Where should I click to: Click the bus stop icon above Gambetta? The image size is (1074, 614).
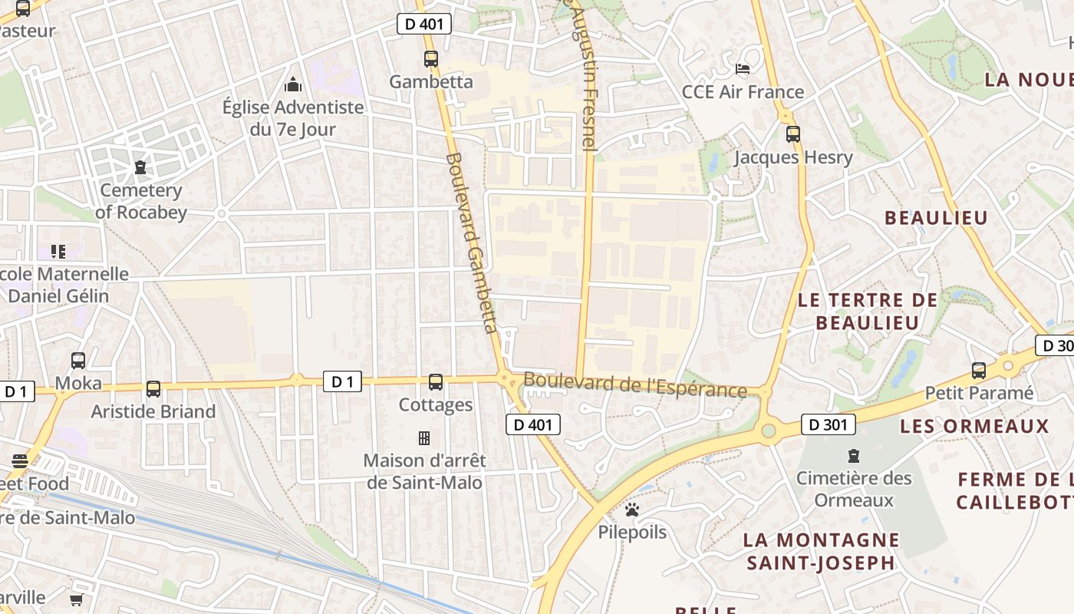point(431,58)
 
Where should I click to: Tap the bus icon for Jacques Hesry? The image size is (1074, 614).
point(793,134)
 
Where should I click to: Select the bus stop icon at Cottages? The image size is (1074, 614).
point(436,381)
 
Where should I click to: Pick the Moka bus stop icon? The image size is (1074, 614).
point(78,360)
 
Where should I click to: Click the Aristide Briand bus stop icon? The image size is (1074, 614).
point(153,388)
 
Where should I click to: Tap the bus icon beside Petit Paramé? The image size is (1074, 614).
point(979,371)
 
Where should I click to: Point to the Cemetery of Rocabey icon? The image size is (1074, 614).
point(140,167)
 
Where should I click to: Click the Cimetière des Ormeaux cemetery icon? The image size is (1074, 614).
point(853,455)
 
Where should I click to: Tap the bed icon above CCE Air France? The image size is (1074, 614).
point(743,69)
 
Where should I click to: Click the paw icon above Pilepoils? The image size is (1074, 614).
point(632,509)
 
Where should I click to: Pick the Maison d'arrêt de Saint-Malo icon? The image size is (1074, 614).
point(423,438)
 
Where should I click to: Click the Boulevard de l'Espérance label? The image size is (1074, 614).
point(634,385)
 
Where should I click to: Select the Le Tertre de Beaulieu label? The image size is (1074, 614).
point(868,311)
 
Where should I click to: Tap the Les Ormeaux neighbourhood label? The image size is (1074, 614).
point(974,426)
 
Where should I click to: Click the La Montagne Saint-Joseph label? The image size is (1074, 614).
point(821,551)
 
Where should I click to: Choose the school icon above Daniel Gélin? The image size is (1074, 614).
point(58,251)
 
